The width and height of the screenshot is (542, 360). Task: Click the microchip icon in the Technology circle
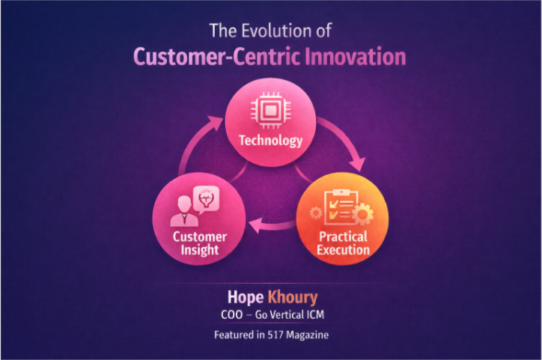[270, 109]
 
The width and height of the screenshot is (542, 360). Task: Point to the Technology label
[270, 140]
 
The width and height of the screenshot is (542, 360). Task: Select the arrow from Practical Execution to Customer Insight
[272, 223]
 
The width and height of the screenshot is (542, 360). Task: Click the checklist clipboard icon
[338, 207]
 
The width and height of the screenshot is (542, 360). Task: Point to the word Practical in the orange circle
[343, 237]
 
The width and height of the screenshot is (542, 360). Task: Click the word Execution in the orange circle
[343, 249]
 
